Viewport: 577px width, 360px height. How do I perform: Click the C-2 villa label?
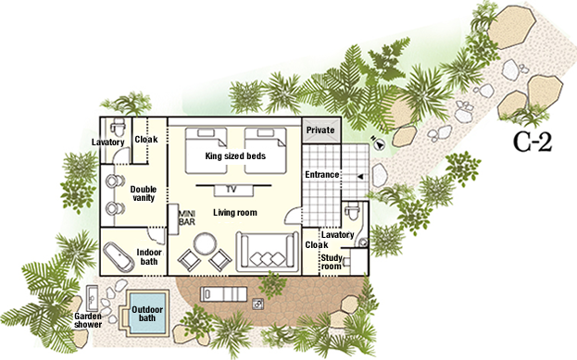(533, 142)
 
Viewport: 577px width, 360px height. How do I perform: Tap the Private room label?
(320, 130)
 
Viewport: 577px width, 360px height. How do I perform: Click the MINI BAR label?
(186, 218)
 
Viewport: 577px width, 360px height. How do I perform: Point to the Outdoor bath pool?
(147, 314)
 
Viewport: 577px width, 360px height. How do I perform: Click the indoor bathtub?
(119, 257)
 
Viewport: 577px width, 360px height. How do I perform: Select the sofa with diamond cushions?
(268, 252)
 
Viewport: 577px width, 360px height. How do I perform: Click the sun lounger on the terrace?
(223, 294)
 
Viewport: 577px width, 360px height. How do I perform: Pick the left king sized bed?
(206, 151)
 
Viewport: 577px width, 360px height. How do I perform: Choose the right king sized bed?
(265, 151)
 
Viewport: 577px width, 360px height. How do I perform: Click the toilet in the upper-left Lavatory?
(119, 127)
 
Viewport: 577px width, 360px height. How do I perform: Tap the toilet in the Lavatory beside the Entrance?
(352, 211)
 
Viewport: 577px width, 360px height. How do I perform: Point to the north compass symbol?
(378, 143)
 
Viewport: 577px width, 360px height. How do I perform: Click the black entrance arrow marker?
(360, 177)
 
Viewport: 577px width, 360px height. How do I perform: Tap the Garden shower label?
(88, 320)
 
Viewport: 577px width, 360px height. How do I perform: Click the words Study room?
(332, 262)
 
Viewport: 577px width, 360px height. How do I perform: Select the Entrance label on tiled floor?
(322, 175)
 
